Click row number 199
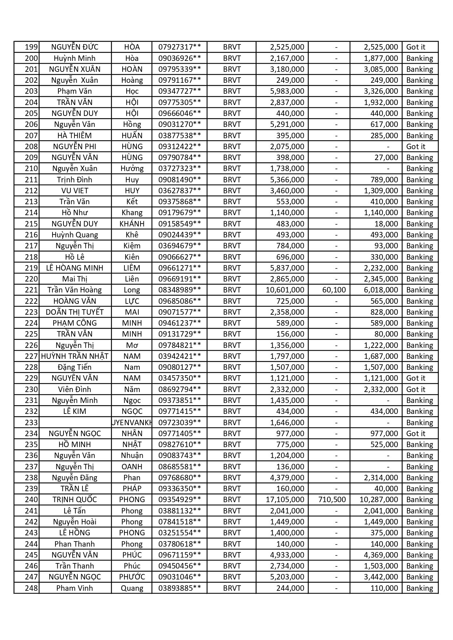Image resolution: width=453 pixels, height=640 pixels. coord(31,47)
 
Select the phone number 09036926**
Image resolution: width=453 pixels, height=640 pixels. coord(179,58)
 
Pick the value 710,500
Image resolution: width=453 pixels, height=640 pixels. coord(332,500)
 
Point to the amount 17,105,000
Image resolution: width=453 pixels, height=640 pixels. coord(285,500)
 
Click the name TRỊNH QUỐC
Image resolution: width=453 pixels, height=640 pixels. coord(74,500)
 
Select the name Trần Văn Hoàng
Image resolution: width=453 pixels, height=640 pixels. coord(74,290)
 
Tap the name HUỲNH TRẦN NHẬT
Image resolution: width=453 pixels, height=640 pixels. coord(75,356)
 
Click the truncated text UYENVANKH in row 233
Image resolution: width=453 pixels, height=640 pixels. coord(132,423)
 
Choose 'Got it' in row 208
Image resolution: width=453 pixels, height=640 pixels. coord(416,147)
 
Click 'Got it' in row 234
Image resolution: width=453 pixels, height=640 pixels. coord(416,434)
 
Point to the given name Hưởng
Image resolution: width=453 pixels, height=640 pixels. coord(132,168)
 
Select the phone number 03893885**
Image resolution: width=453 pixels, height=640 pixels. coord(179,588)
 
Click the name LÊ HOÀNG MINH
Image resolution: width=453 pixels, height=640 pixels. coord(74,268)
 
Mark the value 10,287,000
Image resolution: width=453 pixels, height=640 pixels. coord(379,500)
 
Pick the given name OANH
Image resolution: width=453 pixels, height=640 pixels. coord(132,467)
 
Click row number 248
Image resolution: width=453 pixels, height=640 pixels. coord(31,588)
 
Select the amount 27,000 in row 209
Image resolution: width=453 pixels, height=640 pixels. coord(386,158)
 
